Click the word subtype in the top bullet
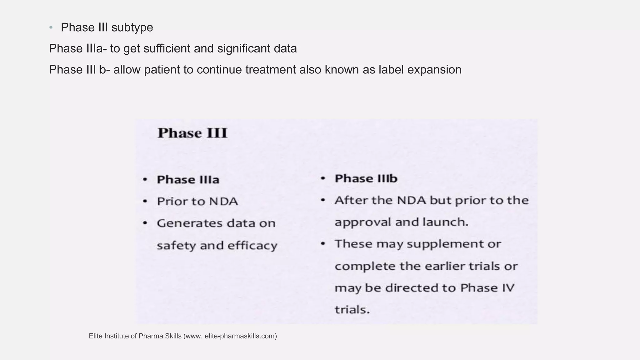click(x=132, y=28)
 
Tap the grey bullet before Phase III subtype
click(x=51, y=27)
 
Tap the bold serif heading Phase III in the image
click(x=192, y=133)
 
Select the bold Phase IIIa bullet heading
click(x=188, y=180)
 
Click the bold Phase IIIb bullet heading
click(x=366, y=179)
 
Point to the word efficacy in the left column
click(x=252, y=246)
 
